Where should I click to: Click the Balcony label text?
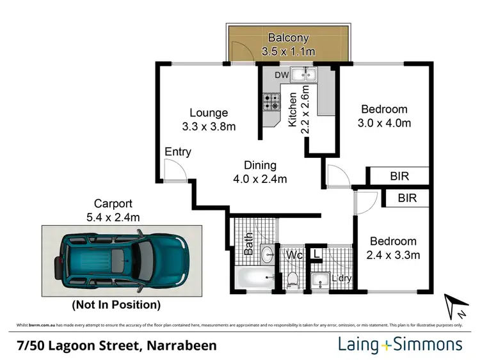(288, 37)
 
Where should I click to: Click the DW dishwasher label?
(282, 75)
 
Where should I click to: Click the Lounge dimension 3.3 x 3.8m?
(208, 126)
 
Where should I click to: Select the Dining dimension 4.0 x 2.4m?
(259, 178)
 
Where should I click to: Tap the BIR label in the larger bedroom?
(398, 176)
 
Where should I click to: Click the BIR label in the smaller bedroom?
(407, 199)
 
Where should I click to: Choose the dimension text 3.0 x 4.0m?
(384, 123)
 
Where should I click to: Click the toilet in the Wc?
(292, 278)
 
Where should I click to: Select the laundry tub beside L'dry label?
(319, 279)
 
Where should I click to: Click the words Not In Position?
(116, 304)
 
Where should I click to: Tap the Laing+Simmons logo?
(399, 345)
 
